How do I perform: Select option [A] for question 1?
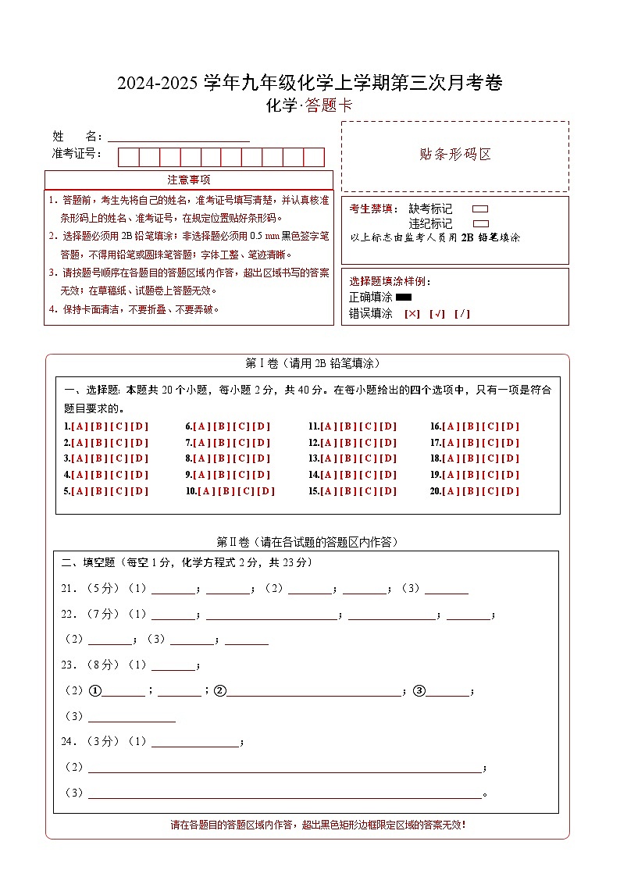[x=79, y=426]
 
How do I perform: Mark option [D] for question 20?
[x=511, y=491]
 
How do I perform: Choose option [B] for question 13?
[x=347, y=458]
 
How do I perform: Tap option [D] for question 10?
[x=266, y=491]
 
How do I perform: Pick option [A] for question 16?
[x=450, y=426]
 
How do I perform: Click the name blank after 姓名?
[x=178, y=136]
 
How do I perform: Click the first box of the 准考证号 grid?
[x=128, y=157]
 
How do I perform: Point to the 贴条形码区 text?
[x=455, y=155]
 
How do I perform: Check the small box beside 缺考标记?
[x=480, y=209]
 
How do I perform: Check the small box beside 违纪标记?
[x=480, y=223]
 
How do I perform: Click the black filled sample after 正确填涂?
[x=404, y=298]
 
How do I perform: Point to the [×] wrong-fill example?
[x=412, y=314]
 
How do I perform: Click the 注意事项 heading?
[x=189, y=180]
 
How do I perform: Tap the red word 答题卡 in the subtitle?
[x=328, y=106]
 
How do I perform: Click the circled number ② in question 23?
[x=220, y=690]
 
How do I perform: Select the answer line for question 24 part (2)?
[x=285, y=767]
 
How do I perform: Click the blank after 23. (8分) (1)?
[x=173, y=665]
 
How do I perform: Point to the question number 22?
[x=68, y=615]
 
